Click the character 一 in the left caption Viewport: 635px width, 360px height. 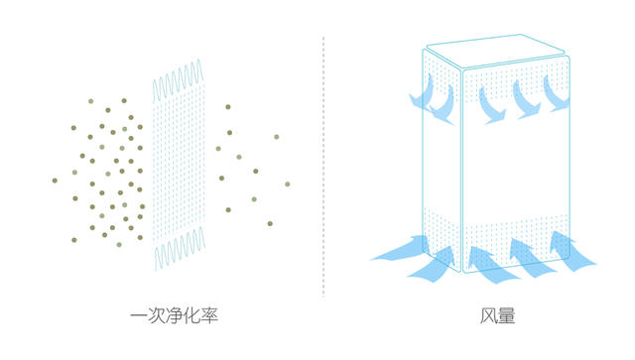click(x=140, y=316)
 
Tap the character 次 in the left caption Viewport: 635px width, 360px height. click(x=158, y=316)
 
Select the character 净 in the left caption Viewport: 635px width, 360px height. click(x=176, y=316)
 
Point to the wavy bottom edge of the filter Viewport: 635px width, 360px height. click(x=179, y=252)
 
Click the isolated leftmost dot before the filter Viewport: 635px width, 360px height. click(x=56, y=180)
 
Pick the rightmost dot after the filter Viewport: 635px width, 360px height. click(x=288, y=183)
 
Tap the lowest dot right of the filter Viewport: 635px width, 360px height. click(x=270, y=223)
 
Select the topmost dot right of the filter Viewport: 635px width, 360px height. click(x=228, y=106)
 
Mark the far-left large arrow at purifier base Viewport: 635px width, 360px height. click(x=399, y=253)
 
